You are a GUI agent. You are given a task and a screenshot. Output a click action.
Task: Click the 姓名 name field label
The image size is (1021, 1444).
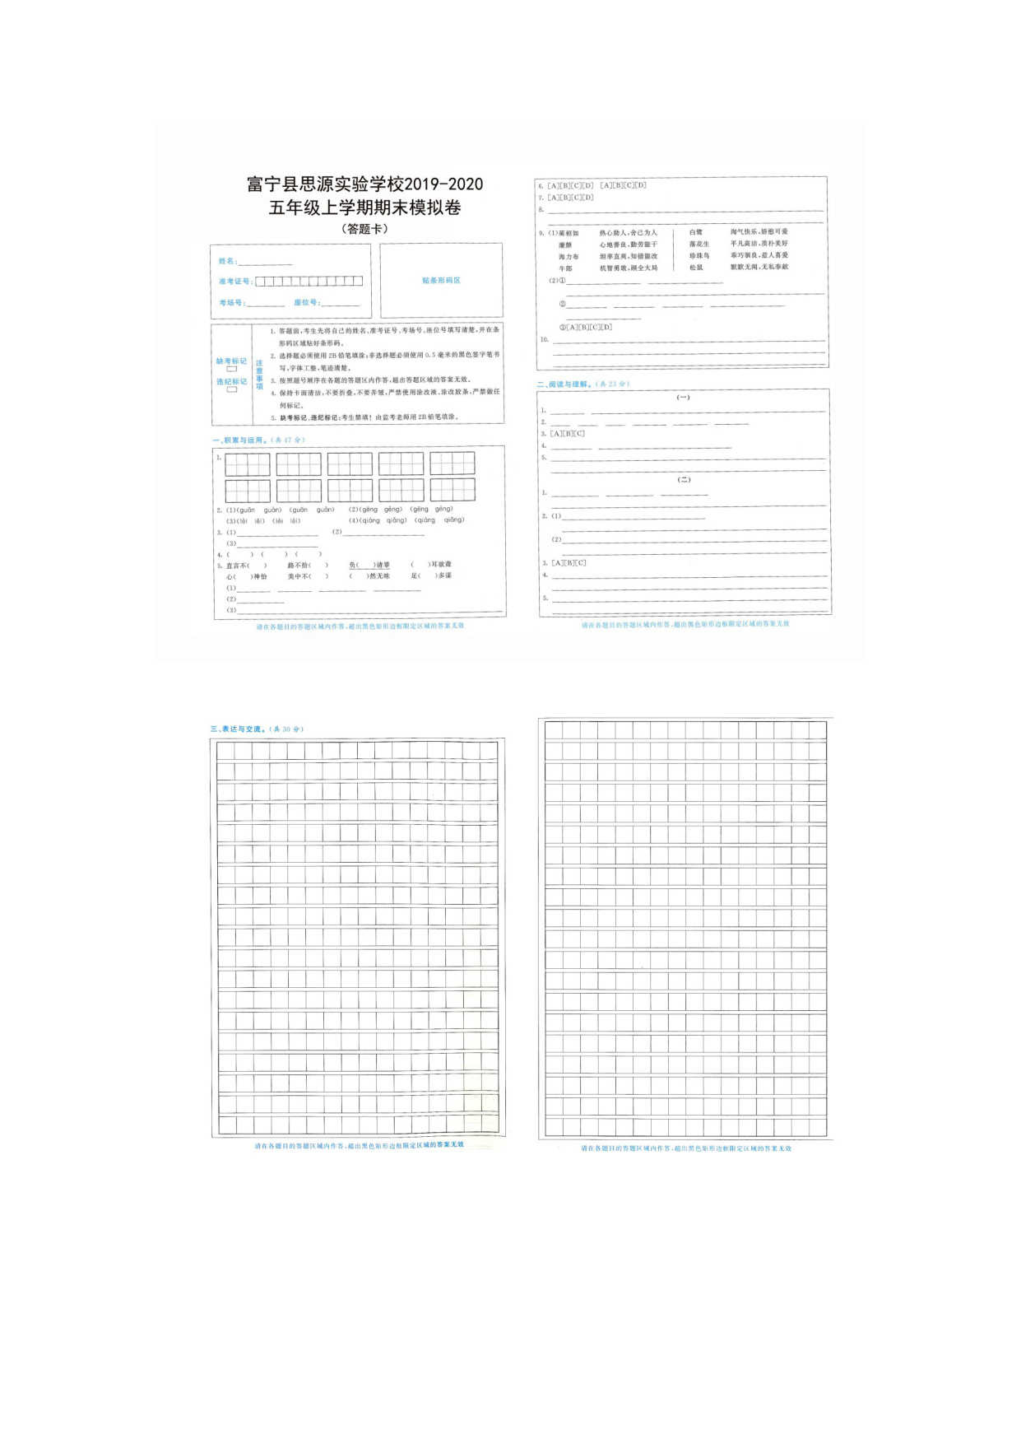pos(227,261)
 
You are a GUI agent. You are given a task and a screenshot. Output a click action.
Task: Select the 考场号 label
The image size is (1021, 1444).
pos(231,303)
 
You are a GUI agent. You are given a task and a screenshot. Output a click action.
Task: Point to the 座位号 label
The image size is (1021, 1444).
pos(306,303)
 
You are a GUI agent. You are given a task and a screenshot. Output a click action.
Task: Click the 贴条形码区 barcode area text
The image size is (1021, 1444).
pos(441,281)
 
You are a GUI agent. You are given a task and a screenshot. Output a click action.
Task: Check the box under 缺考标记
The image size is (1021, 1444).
pos(232,370)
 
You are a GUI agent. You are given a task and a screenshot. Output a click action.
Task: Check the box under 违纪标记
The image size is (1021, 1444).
pos(232,390)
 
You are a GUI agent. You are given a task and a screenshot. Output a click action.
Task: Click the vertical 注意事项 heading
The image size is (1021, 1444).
pos(259,375)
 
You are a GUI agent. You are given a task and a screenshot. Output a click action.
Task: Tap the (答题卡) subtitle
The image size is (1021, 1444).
pos(364,229)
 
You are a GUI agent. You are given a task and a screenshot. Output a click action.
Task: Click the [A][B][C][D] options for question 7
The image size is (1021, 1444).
pos(570,198)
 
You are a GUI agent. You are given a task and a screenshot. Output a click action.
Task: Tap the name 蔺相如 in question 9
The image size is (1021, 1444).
pos(569,233)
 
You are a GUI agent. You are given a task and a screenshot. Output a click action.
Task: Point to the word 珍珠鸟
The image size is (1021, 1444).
pos(699,256)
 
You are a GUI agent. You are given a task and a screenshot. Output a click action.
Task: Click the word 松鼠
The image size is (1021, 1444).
pos(696,268)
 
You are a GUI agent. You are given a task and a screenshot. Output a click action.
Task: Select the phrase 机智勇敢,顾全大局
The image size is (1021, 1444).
pos(629,268)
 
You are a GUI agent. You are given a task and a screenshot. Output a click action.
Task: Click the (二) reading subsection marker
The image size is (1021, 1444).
pos(684,480)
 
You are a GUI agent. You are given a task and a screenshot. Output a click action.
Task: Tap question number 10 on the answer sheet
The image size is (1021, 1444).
pos(544,339)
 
